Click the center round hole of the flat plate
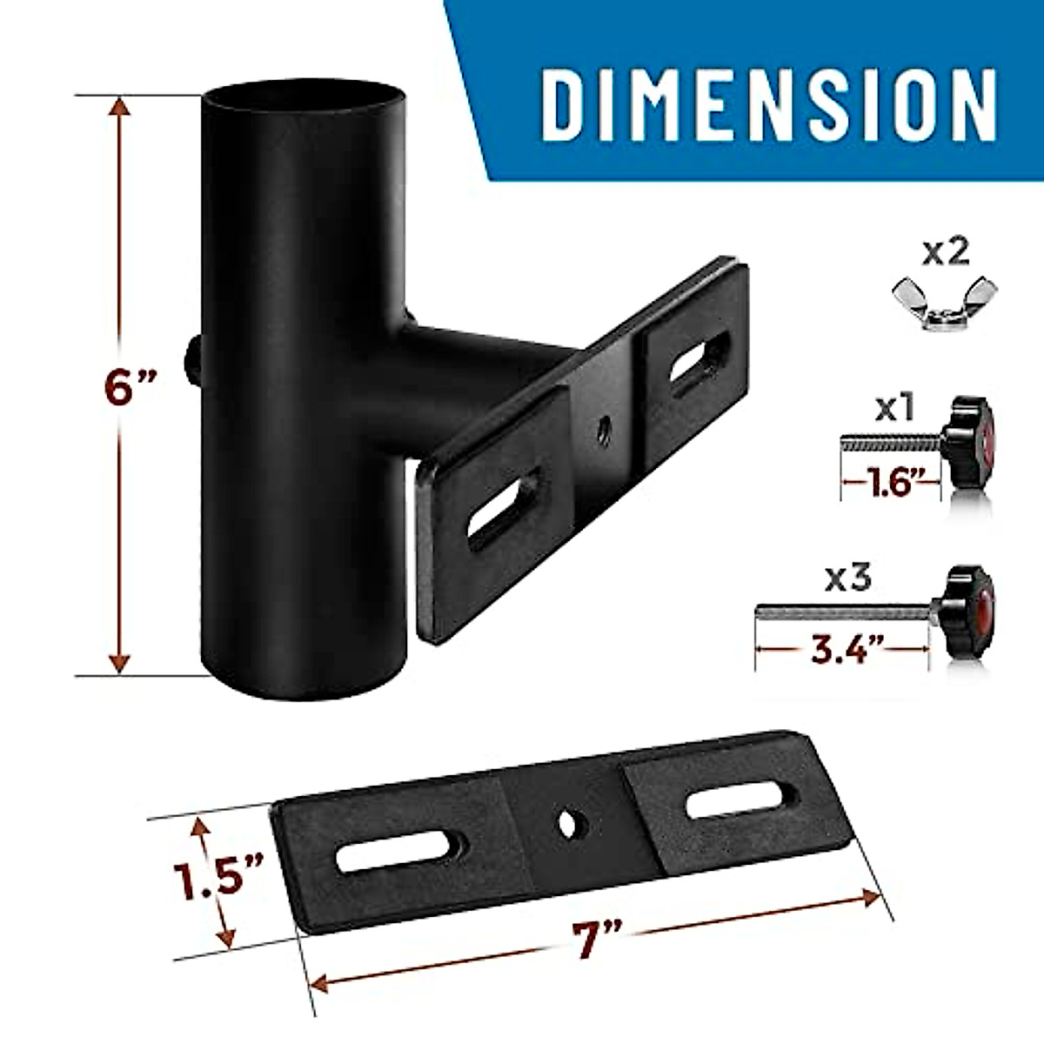click(x=569, y=822)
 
